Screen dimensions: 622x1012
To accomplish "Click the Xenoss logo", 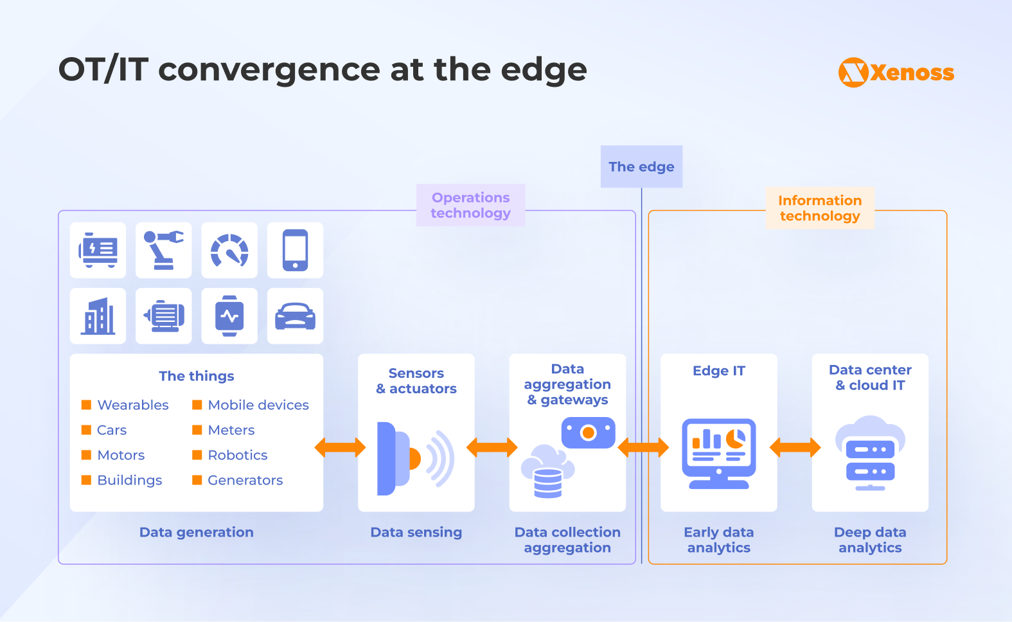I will [896, 73].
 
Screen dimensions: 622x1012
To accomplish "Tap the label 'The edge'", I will [641, 167].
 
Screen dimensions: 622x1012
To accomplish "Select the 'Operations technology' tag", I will [470, 206].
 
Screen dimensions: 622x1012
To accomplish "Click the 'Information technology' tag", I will [819, 208].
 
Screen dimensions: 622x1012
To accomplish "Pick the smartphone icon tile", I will [295, 251].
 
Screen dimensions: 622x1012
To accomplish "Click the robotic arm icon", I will [163, 251].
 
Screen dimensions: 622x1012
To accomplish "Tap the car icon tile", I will [295, 316].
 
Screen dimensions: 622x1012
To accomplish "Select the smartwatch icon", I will [229, 316].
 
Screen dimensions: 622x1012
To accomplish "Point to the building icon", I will [98, 316].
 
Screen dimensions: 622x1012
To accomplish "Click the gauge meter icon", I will [229, 251].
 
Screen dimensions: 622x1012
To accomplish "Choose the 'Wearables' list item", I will [133, 405].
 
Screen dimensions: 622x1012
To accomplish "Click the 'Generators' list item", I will [245, 481].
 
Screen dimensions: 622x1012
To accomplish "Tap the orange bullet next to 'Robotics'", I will [197, 455].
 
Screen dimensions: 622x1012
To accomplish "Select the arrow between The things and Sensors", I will [340, 448].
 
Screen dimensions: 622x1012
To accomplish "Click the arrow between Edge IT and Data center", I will [795, 447].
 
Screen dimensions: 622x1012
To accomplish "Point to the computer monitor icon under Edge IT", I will [718, 453].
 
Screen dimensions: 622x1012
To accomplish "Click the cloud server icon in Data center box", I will [870, 453].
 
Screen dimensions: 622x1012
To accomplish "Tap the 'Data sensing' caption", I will [416, 533].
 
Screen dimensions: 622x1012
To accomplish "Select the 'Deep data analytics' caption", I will [870, 540].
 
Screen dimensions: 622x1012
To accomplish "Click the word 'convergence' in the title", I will [269, 69].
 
